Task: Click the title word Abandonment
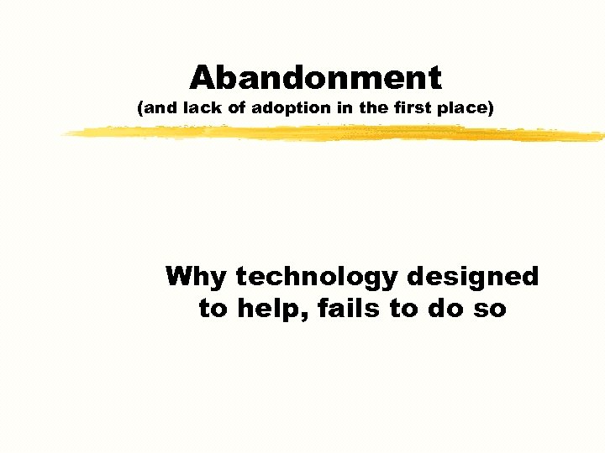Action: tap(315, 78)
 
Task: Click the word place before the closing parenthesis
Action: tap(470, 109)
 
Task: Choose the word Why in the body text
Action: tap(197, 276)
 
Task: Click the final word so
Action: tap(489, 310)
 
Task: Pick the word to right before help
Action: tap(213, 310)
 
